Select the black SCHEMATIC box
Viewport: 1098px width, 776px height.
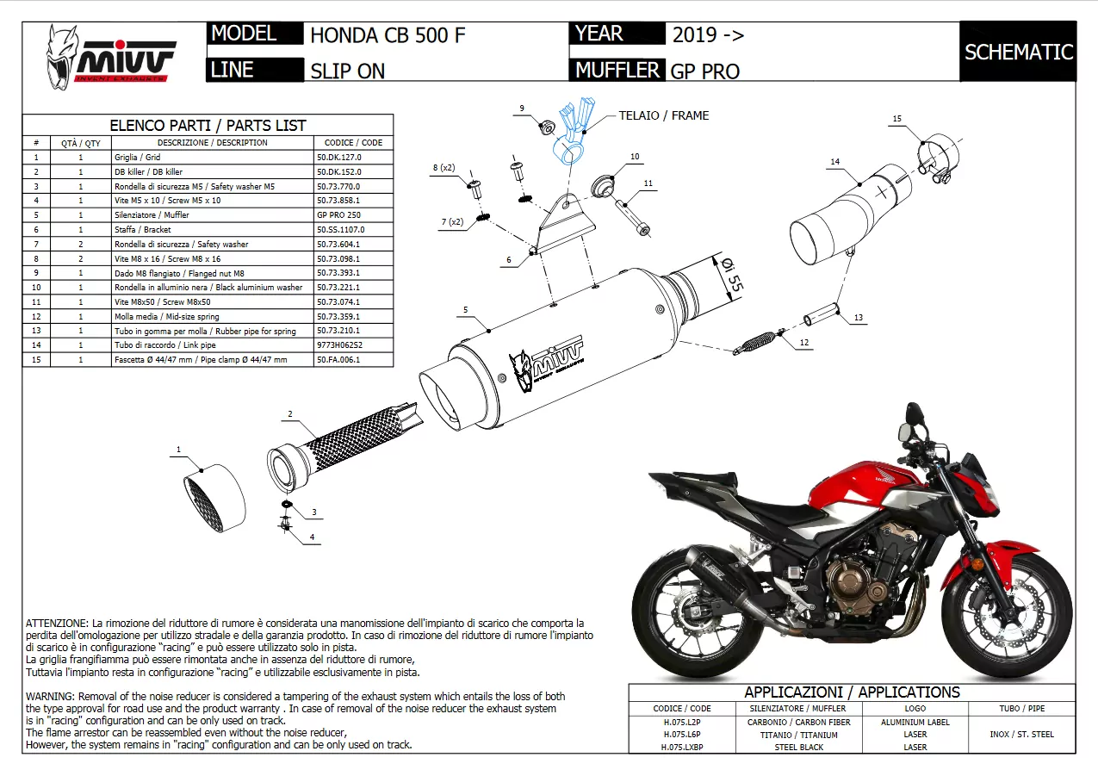[1018, 52]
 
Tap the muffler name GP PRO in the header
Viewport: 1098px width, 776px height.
[704, 71]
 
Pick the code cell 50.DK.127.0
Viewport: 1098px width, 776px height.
[339, 158]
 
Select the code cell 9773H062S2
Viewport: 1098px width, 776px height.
[339, 345]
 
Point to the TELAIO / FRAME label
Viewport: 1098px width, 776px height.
[663, 115]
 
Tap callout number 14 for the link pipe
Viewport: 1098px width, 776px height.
[834, 161]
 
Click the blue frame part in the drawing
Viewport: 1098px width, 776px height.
[572, 133]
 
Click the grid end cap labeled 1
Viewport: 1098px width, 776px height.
[213, 500]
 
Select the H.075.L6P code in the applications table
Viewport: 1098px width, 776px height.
[681, 735]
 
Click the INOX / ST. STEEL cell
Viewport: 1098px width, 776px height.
[1021, 735]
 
